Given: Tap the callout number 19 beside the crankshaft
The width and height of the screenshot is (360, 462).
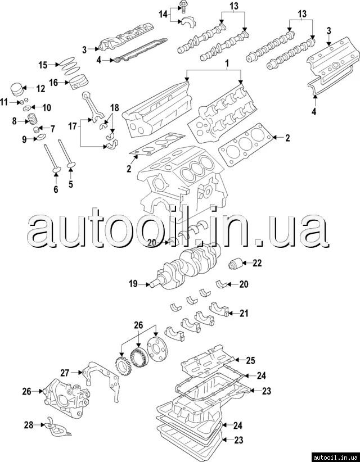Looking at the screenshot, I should point(133,284).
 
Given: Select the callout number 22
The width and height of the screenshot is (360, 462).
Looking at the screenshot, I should point(257,262).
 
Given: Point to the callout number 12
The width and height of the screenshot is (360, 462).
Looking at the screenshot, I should point(40,88).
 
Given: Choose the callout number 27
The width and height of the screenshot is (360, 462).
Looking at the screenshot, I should point(65,372).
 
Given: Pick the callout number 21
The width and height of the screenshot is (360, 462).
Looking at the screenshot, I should point(244,313).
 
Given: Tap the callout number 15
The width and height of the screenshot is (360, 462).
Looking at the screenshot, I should point(43,65).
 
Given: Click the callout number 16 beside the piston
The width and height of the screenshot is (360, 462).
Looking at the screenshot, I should point(54,82).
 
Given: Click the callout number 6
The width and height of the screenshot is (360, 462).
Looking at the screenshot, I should point(56,190).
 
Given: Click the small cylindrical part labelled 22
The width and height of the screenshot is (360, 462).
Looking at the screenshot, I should point(235,262).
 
